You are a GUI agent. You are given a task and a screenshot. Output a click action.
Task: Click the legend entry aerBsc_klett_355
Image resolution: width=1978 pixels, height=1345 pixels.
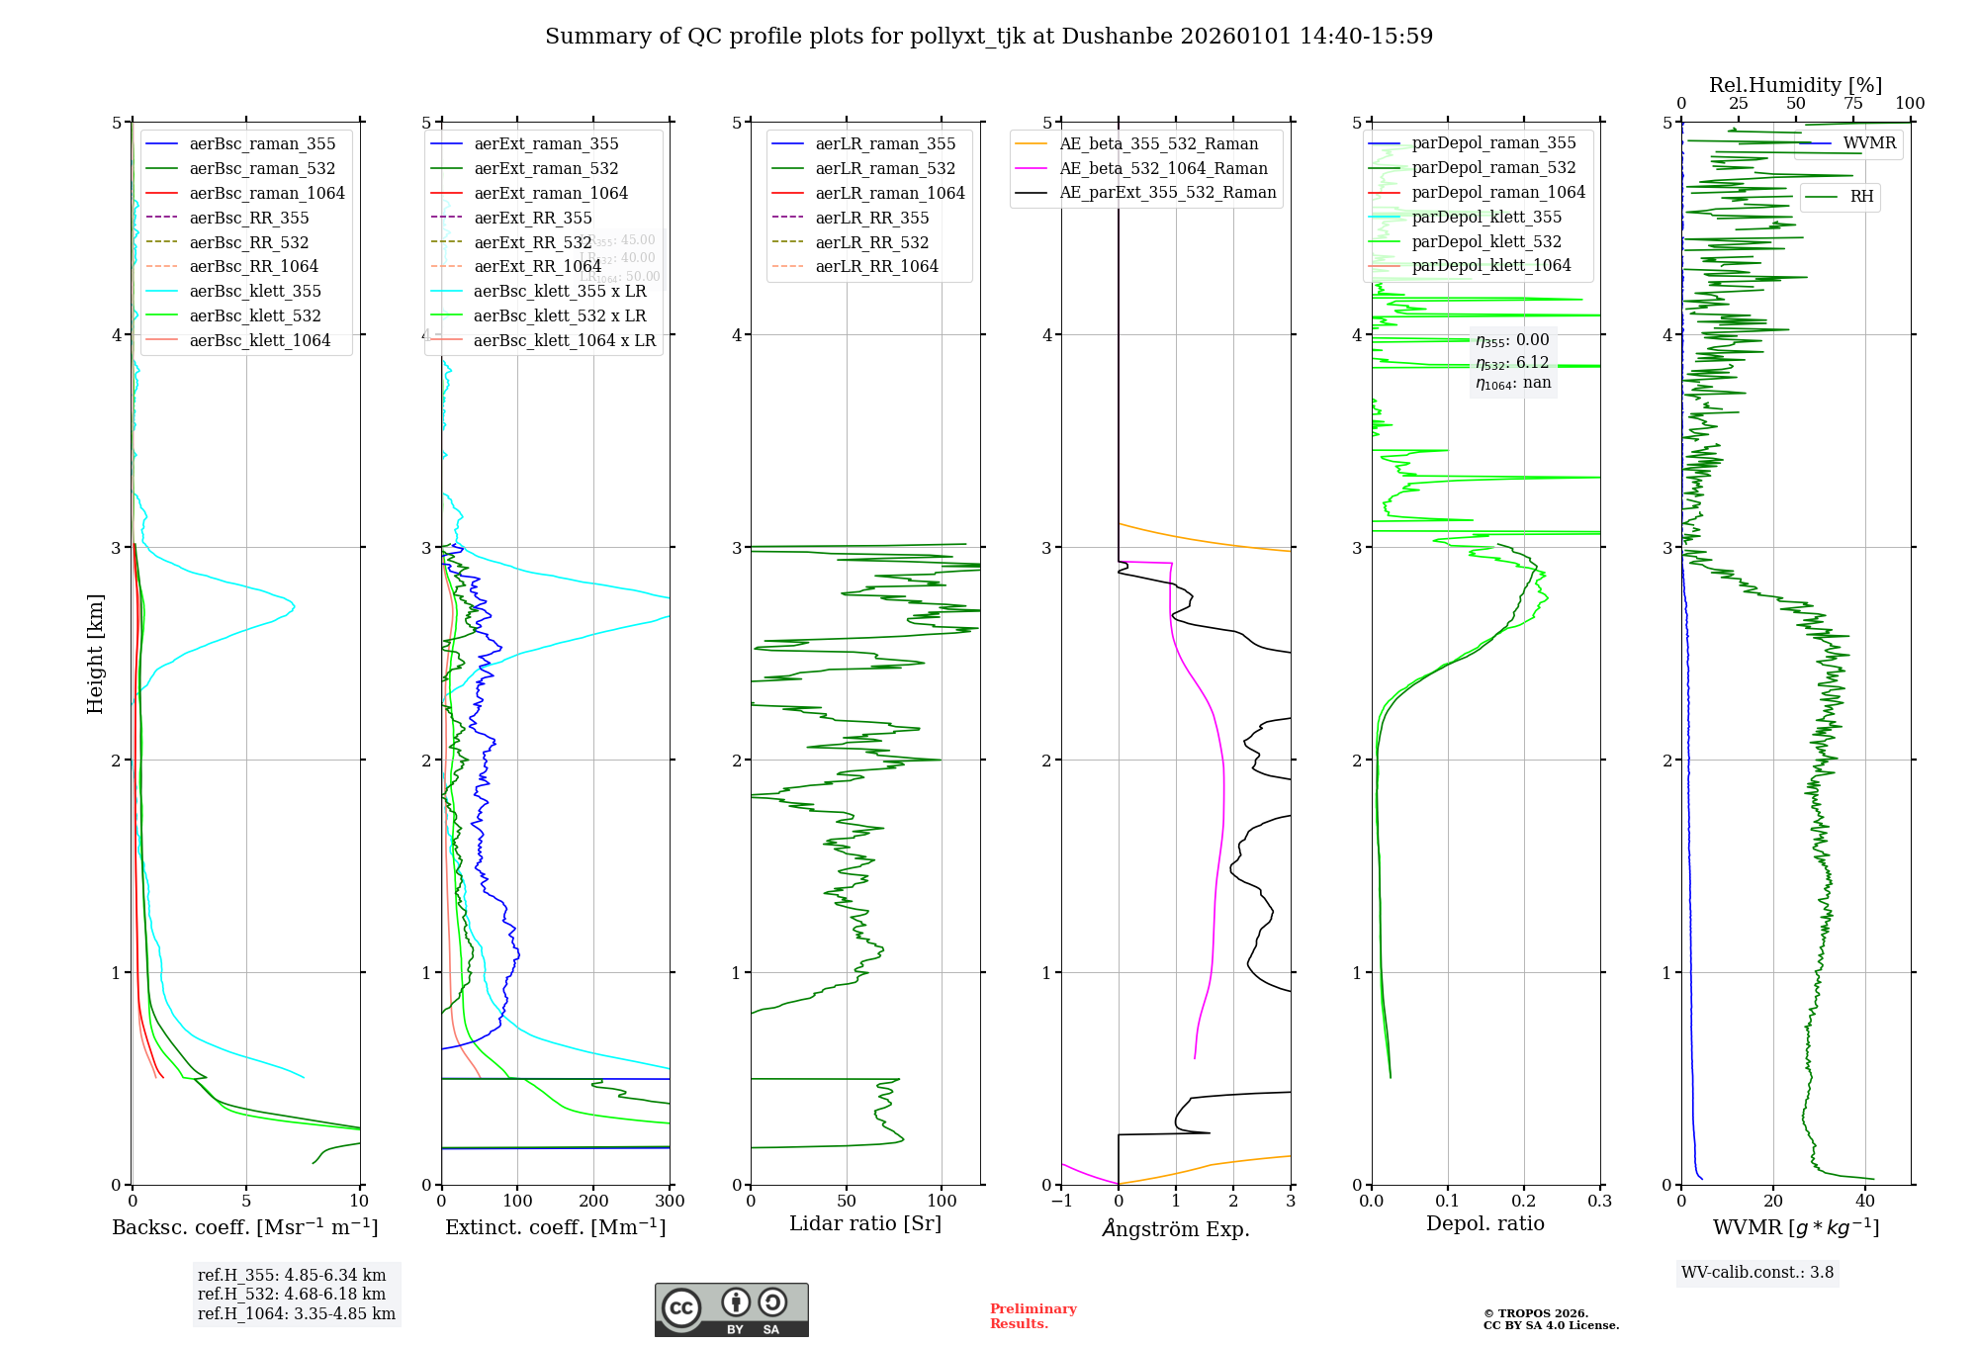(255, 291)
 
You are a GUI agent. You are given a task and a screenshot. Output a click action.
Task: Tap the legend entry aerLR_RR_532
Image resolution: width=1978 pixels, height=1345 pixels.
(872, 242)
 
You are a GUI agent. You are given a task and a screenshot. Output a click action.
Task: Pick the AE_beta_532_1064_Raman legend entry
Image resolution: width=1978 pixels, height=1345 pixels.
(1163, 168)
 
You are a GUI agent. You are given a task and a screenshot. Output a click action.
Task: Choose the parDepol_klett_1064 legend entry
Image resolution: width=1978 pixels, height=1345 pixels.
(1490, 265)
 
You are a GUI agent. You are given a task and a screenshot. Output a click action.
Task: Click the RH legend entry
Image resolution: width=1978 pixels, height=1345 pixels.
(1861, 197)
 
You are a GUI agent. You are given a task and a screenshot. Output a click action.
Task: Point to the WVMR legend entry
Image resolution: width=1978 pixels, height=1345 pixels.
(1869, 143)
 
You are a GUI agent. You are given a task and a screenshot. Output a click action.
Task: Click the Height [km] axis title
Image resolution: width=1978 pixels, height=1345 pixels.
(95, 654)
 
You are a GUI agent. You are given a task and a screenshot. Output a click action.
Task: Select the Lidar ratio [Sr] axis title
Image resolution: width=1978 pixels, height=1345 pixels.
(865, 1223)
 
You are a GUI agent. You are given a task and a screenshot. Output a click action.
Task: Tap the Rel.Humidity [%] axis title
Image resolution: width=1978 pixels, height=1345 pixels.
(1795, 85)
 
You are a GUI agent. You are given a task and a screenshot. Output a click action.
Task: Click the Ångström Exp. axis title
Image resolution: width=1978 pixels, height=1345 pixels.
(1176, 1228)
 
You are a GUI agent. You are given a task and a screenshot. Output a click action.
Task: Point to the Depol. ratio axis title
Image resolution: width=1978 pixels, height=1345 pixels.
(1484, 1223)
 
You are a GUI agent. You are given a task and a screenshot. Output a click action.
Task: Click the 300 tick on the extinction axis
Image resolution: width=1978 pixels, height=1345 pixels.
(670, 1202)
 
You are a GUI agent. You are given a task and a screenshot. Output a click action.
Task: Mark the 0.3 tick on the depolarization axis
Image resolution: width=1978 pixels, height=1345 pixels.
(1599, 1202)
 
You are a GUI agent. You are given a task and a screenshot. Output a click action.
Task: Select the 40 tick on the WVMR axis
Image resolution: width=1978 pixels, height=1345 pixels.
(1865, 1202)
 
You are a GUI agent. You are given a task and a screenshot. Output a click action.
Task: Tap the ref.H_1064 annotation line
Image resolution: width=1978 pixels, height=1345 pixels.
(296, 1313)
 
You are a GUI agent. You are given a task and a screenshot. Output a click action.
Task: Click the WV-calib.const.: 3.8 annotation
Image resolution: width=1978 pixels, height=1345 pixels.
(1756, 1272)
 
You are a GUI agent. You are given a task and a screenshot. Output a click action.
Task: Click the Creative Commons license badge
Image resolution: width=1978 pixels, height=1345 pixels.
(731, 1309)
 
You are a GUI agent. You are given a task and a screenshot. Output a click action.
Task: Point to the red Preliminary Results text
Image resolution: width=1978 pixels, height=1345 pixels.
(1033, 1316)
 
